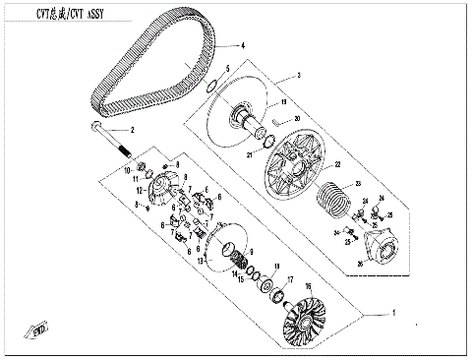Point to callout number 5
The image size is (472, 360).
click(x=229, y=68)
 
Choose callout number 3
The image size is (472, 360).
click(x=299, y=76)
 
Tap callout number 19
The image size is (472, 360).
click(x=283, y=101)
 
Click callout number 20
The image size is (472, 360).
click(x=297, y=118)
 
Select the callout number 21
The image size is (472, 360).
click(x=250, y=156)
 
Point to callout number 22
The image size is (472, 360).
click(x=336, y=164)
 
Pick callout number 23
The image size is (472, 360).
click(x=359, y=184)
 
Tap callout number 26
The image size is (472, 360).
click(x=360, y=263)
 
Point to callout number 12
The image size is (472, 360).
click(x=140, y=190)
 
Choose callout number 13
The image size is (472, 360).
click(x=201, y=263)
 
